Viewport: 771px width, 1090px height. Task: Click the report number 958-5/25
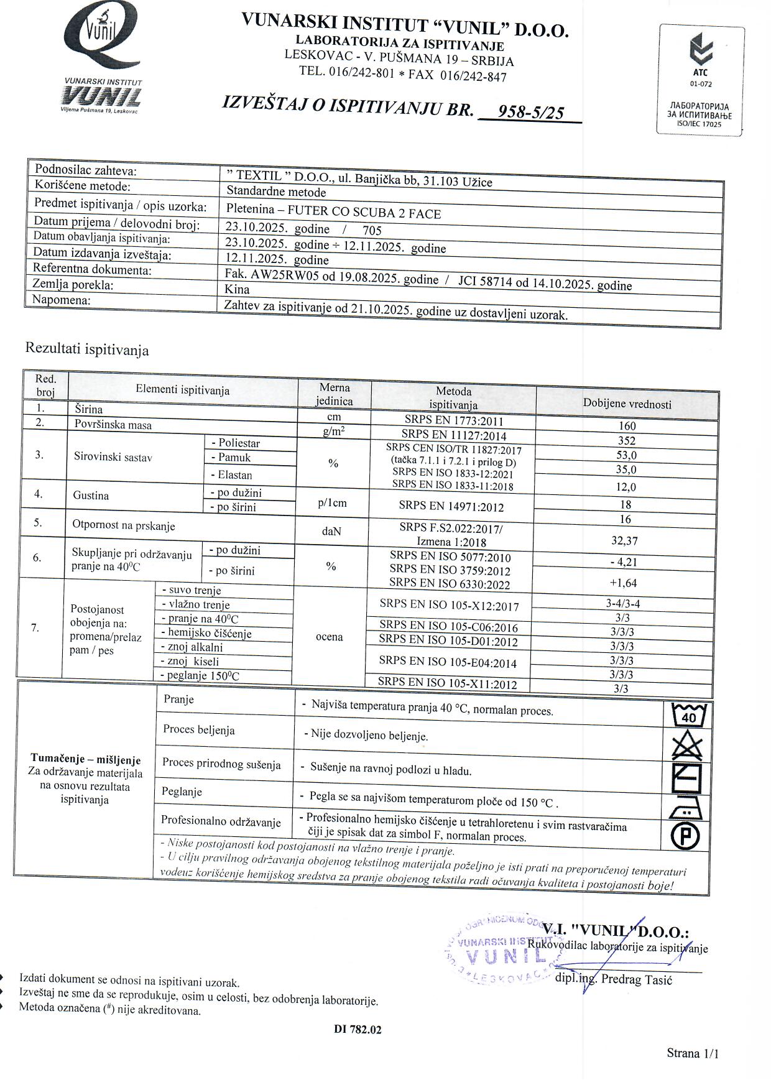point(531,112)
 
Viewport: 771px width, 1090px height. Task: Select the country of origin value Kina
point(237,289)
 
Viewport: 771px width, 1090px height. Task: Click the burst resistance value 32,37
point(624,540)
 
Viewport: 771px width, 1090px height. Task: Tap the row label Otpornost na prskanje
point(124,525)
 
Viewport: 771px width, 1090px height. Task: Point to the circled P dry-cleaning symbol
point(685,836)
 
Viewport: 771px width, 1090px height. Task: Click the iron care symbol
point(686,808)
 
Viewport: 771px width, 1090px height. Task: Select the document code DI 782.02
point(358,1029)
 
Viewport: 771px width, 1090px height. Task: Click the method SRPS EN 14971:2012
point(452,506)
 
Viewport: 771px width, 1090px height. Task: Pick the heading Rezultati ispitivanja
point(87,349)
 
